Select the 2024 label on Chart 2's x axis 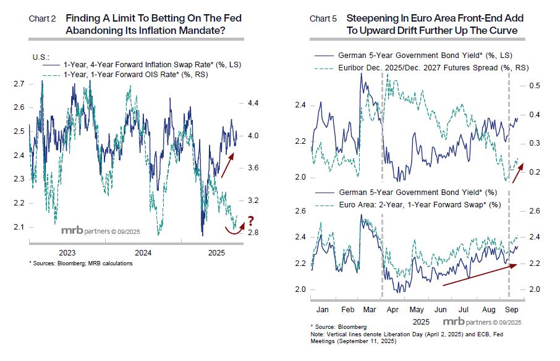[x=143, y=252]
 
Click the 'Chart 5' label [x=323, y=19]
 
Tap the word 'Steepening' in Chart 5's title [x=372, y=19]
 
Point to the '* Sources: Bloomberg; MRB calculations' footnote [x=81, y=263]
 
